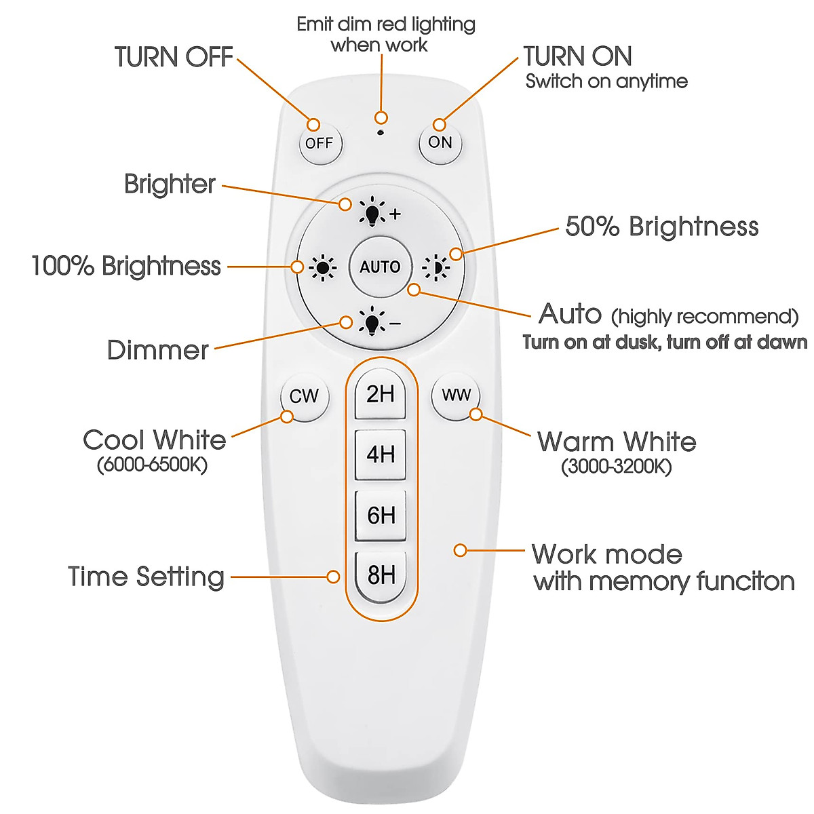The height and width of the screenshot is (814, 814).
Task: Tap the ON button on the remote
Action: [440, 142]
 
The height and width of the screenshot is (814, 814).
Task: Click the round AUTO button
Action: [380, 267]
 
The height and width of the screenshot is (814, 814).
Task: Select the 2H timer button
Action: [381, 394]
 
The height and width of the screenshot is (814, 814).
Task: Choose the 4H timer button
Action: [381, 454]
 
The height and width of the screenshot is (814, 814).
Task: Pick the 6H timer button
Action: [381, 516]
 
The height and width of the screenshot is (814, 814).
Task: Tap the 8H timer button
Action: [381, 576]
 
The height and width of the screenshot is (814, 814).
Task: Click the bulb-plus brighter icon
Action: [373, 212]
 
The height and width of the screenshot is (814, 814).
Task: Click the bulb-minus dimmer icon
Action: [373, 322]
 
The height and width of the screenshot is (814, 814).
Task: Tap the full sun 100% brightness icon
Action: [322, 268]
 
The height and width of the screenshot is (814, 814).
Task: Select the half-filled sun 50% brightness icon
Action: [436, 268]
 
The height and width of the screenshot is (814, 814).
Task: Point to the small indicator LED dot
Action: [381, 132]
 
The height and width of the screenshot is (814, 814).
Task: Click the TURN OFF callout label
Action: [174, 57]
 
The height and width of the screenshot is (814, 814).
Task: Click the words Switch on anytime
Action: [606, 81]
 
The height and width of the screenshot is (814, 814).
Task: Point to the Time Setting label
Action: [146, 577]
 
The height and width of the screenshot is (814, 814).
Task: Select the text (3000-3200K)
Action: [616, 467]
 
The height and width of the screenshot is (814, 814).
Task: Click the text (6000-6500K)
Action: [152, 465]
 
